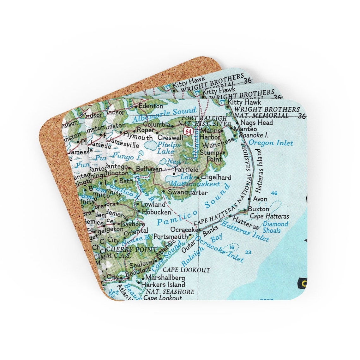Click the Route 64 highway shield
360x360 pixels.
(189, 131)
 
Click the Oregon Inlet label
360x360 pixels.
(271, 143)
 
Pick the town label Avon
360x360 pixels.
(260, 199)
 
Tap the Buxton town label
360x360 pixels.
(259, 209)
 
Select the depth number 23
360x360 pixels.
(248, 252)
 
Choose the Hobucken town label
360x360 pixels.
(156, 212)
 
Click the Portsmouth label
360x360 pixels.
(171, 237)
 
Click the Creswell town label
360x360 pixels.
(170, 138)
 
